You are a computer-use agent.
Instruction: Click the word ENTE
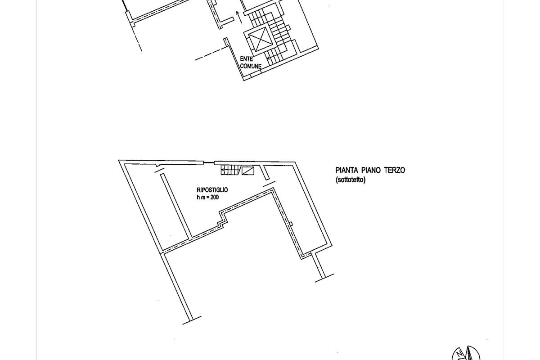click(x=247, y=59)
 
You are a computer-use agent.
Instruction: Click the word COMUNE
click(x=251, y=66)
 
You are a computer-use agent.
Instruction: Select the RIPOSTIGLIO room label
click(x=212, y=190)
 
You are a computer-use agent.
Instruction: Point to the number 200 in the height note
click(x=215, y=197)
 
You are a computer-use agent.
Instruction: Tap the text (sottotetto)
click(x=351, y=180)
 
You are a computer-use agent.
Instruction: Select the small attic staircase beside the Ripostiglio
click(x=230, y=170)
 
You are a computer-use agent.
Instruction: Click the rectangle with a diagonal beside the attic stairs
click(x=248, y=171)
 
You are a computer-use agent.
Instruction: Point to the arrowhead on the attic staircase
click(x=223, y=170)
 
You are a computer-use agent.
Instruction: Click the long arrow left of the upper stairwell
click(x=239, y=18)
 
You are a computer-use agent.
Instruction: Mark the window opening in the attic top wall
click(x=208, y=163)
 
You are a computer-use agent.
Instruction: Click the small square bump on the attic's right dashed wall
click(x=291, y=224)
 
